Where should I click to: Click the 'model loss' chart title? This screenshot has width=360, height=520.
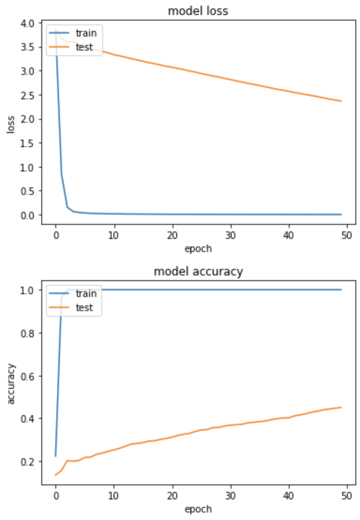pyautogui.click(x=198, y=11)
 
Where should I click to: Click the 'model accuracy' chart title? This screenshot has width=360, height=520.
pyautogui.click(x=198, y=272)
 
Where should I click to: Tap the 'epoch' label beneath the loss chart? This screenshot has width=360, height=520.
pyautogui.click(x=198, y=249)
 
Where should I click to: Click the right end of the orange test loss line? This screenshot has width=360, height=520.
pyautogui.click(x=342, y=101)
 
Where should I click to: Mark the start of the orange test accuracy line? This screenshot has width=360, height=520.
pyautogui.click(x=56, y=475)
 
